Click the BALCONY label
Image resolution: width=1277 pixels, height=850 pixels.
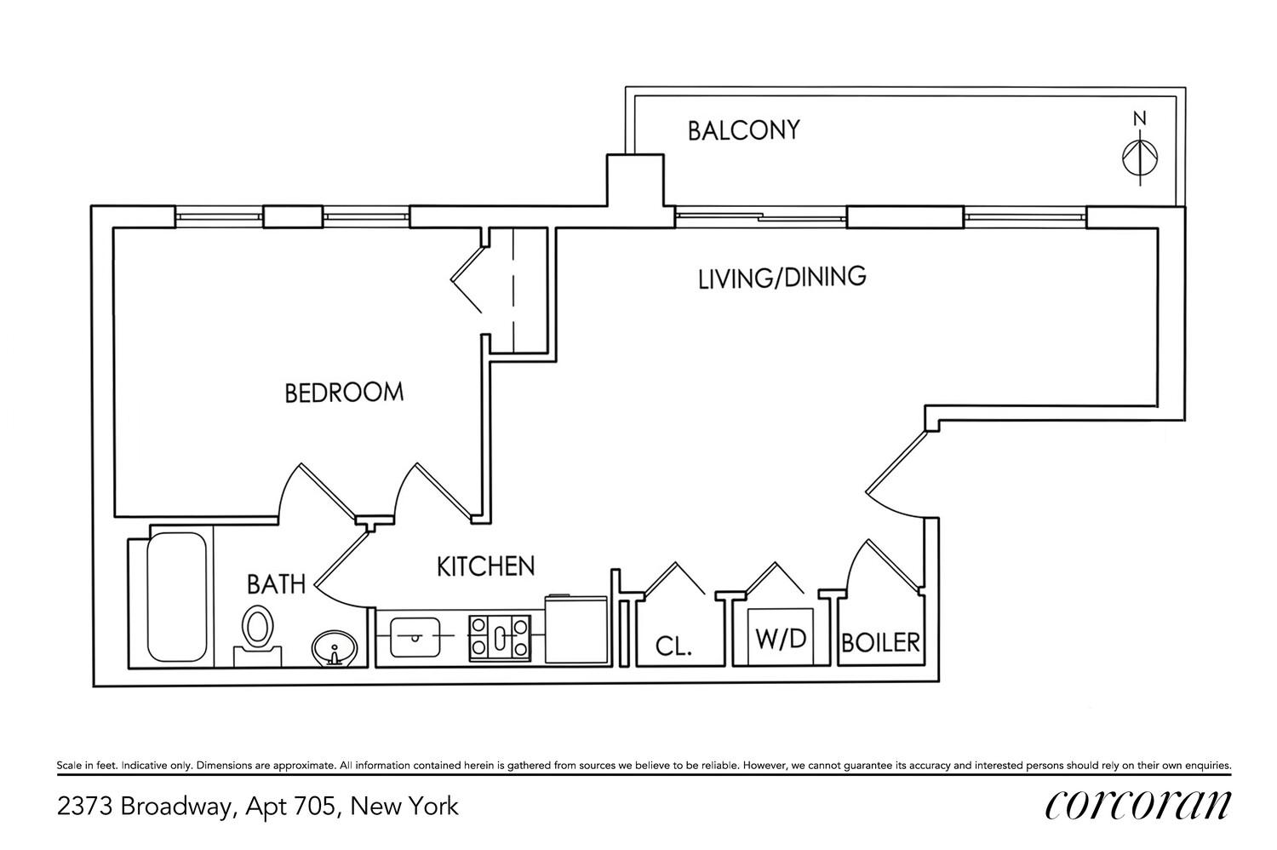click(x=743, y=130)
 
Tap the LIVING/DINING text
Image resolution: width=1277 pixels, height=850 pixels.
click(x=782, y=278)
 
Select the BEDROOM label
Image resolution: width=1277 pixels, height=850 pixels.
click(x=344, y=393)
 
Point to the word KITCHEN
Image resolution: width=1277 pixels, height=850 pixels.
click(x=486, y=566)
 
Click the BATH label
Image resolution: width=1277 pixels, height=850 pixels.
click(x=276, y=584)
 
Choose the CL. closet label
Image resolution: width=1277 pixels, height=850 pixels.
click(x=673, y=646)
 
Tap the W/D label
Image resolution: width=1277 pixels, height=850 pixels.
click(x=781, y=639)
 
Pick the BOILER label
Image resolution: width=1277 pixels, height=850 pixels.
click(x=881, y=643)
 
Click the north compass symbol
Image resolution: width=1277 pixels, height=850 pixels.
click(x=1140, y=158)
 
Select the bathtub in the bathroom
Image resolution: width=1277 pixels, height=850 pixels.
click(x=177, y=597)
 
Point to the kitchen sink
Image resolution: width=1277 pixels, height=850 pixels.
click(x=415, y=636)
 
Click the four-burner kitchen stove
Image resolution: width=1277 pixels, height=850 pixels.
click(x=500, y=639)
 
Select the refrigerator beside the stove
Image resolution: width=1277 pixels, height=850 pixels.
click(x=576, y=629)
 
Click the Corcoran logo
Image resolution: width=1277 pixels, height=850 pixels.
click(x=1138, y=805)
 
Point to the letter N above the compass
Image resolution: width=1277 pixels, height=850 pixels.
click(x=1140, y=118)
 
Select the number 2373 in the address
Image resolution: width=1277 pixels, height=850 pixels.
click(x=85, y=807)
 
